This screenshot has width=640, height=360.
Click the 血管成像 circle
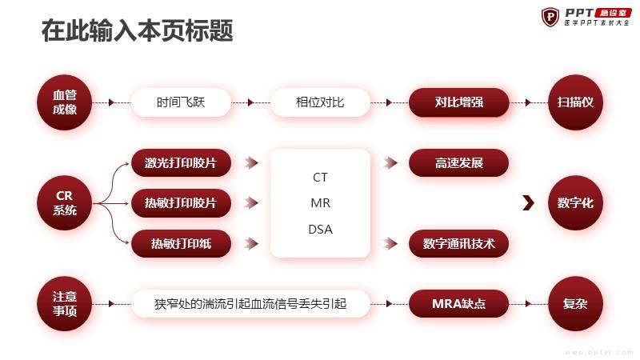click(x=65, y=102)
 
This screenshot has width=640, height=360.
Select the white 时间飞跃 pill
click(x=181, y=102)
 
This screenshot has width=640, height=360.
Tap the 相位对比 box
click(x=320, y=102)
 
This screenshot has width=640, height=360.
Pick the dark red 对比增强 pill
click(x=458, y=102)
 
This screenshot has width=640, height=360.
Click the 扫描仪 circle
click(x=575, y=102)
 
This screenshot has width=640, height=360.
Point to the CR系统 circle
click(x=65, y=203)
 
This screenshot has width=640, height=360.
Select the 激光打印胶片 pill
click(x=181, y=163)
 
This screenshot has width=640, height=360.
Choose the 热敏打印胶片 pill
click(x=181, y=203)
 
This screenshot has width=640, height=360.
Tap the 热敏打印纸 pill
click(x=181, y=244)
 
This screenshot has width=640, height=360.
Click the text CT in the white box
click(x=320, y=177)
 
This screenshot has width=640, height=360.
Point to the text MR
click(x=321, y=203)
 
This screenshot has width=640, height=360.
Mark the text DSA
click(x=321, y=230)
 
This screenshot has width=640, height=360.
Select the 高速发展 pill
click(x=458, y=163)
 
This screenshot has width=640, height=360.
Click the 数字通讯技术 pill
click(x=458, y=244)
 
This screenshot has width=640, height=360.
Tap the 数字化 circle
click(x=575, y=203)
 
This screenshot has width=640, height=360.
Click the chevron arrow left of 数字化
click(x=529, y=203)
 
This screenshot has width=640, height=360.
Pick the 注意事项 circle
click(x=65, y=304)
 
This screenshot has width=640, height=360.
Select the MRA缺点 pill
click(x=458, y=304)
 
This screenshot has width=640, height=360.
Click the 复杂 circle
click(x=575, y=304)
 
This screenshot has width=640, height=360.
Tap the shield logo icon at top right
click(x=550, y=17)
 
